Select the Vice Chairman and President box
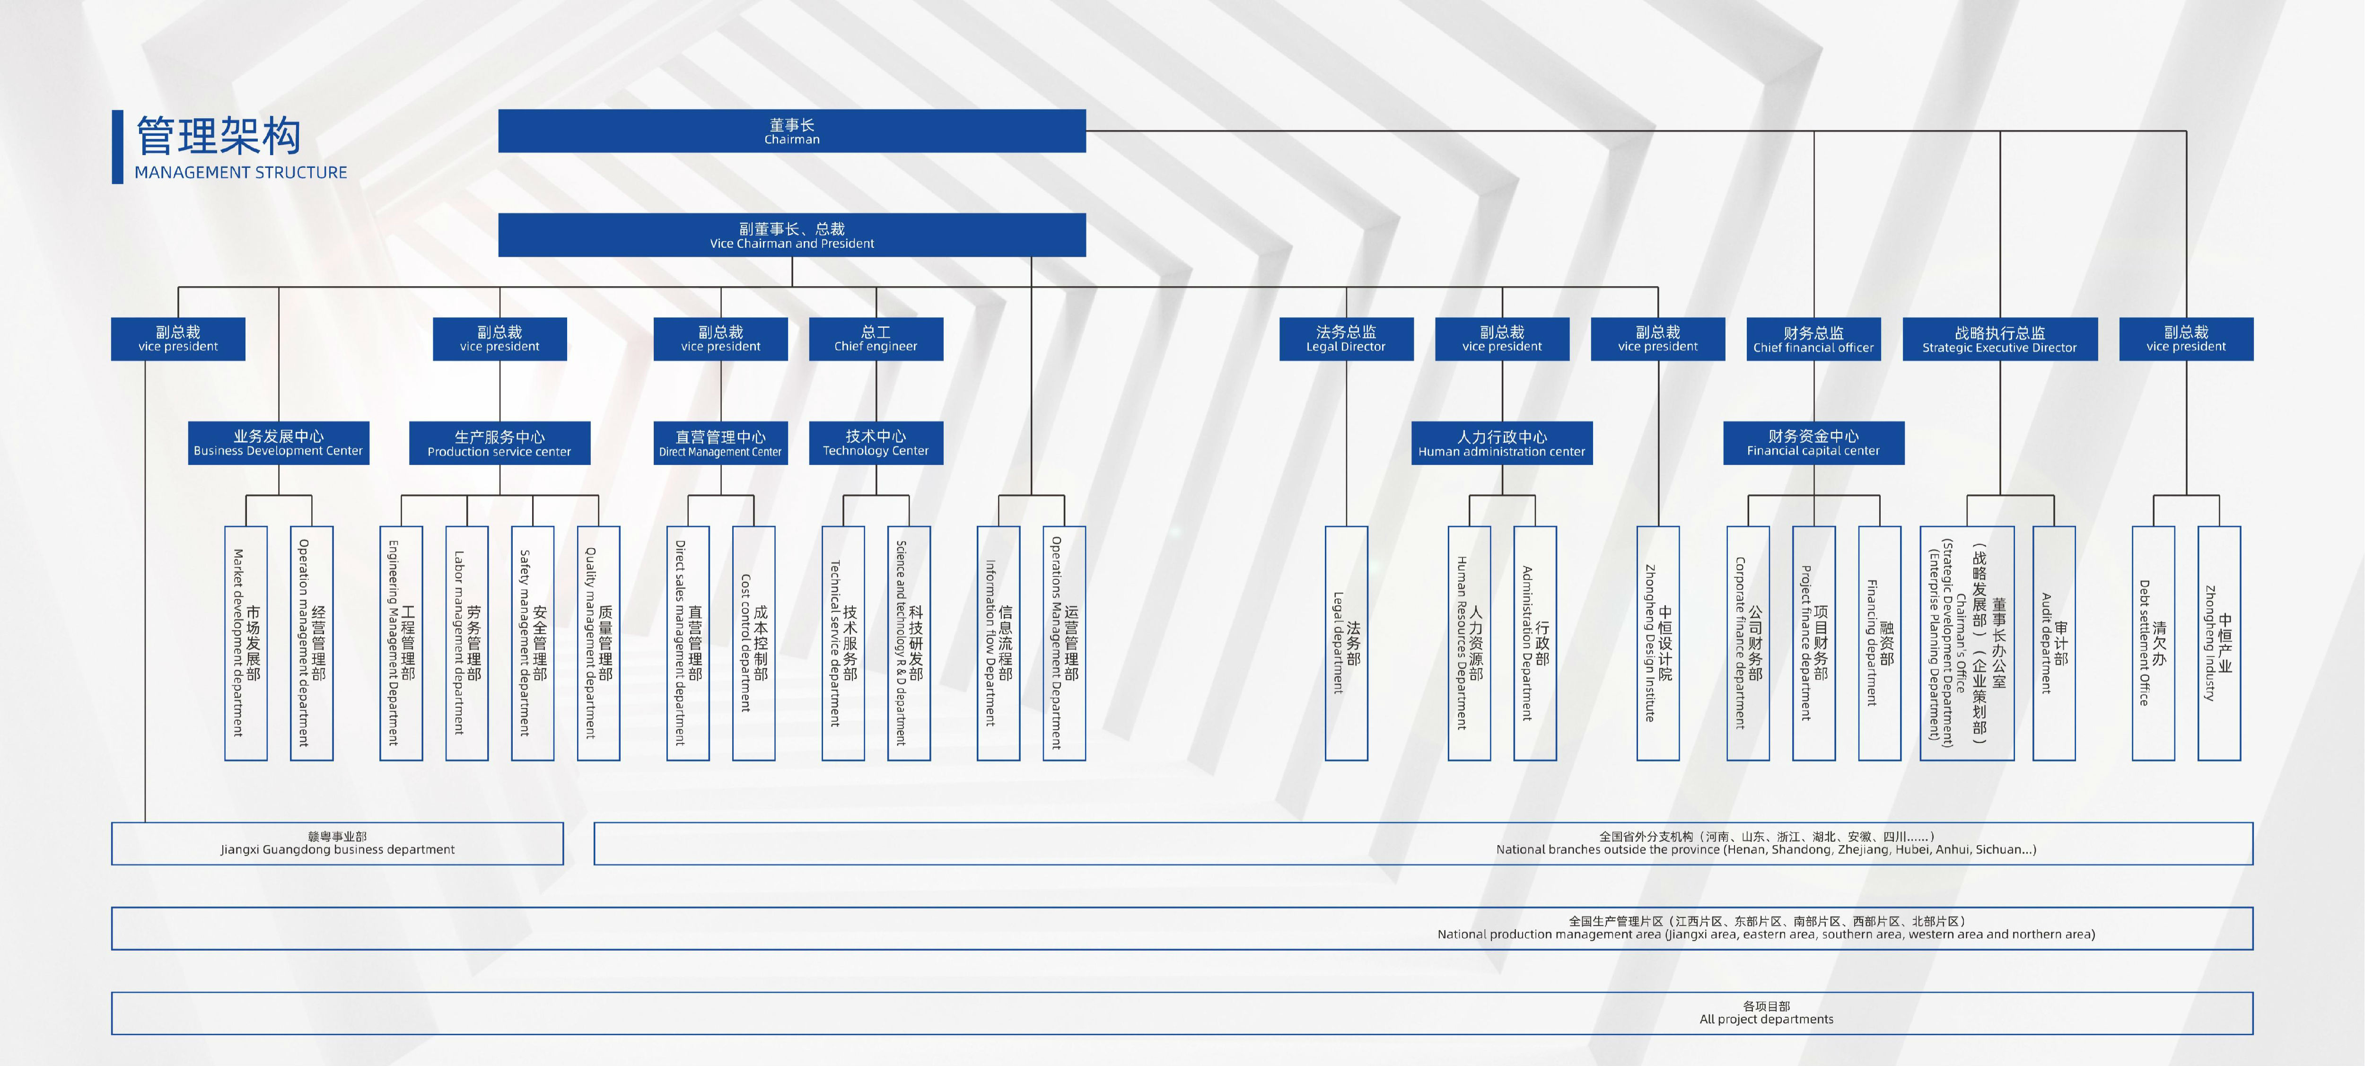point(791,235)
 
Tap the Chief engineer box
point(876,339)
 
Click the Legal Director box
point(1346,339)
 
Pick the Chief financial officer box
point(1813,339)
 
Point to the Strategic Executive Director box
point(1999,339)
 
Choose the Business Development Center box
point(278,443)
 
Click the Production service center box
point(499,443)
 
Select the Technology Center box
point(876,443)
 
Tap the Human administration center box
point(1502,443)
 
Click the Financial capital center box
point(1813,443)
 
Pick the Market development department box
point(246,643)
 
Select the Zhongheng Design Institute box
point(1658,643)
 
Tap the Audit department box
point(2054,643)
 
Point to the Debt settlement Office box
point(2153,643)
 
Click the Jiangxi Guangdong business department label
point(337,843)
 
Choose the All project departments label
point(1766,1013)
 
